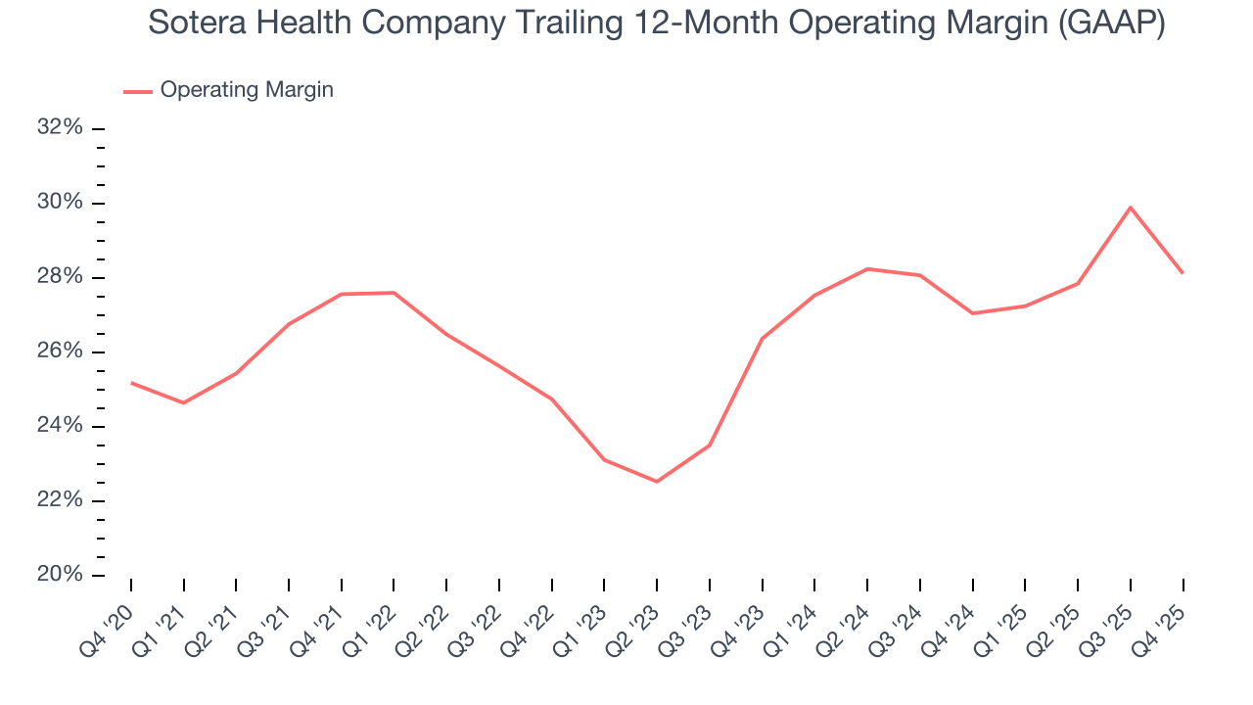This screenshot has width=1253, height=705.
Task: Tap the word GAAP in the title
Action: coord(1105,23)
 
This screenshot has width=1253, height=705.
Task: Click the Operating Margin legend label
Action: coord(247,90)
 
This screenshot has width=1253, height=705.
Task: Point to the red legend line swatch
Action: coord(138,91)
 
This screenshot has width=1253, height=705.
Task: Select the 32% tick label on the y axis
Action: coord(60,128)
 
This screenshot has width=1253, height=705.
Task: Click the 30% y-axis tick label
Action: coord(60,203)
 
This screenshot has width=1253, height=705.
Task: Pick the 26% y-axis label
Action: coord(60,352)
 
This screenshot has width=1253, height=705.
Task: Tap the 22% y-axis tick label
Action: coord(60,500)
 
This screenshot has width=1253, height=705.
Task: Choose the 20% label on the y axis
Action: coord(60,575)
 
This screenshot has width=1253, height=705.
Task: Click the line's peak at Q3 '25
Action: coord(1131,208)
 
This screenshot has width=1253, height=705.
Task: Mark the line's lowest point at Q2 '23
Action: coord(657,482)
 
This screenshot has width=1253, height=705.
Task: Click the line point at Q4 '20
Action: coord(131,383)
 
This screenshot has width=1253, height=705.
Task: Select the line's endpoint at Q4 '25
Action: coord(1183,272)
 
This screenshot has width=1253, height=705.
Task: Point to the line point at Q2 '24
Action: coord(867,268)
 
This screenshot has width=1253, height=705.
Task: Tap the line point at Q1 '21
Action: coord(183,402)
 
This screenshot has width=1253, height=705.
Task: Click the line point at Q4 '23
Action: coord(762,339)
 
